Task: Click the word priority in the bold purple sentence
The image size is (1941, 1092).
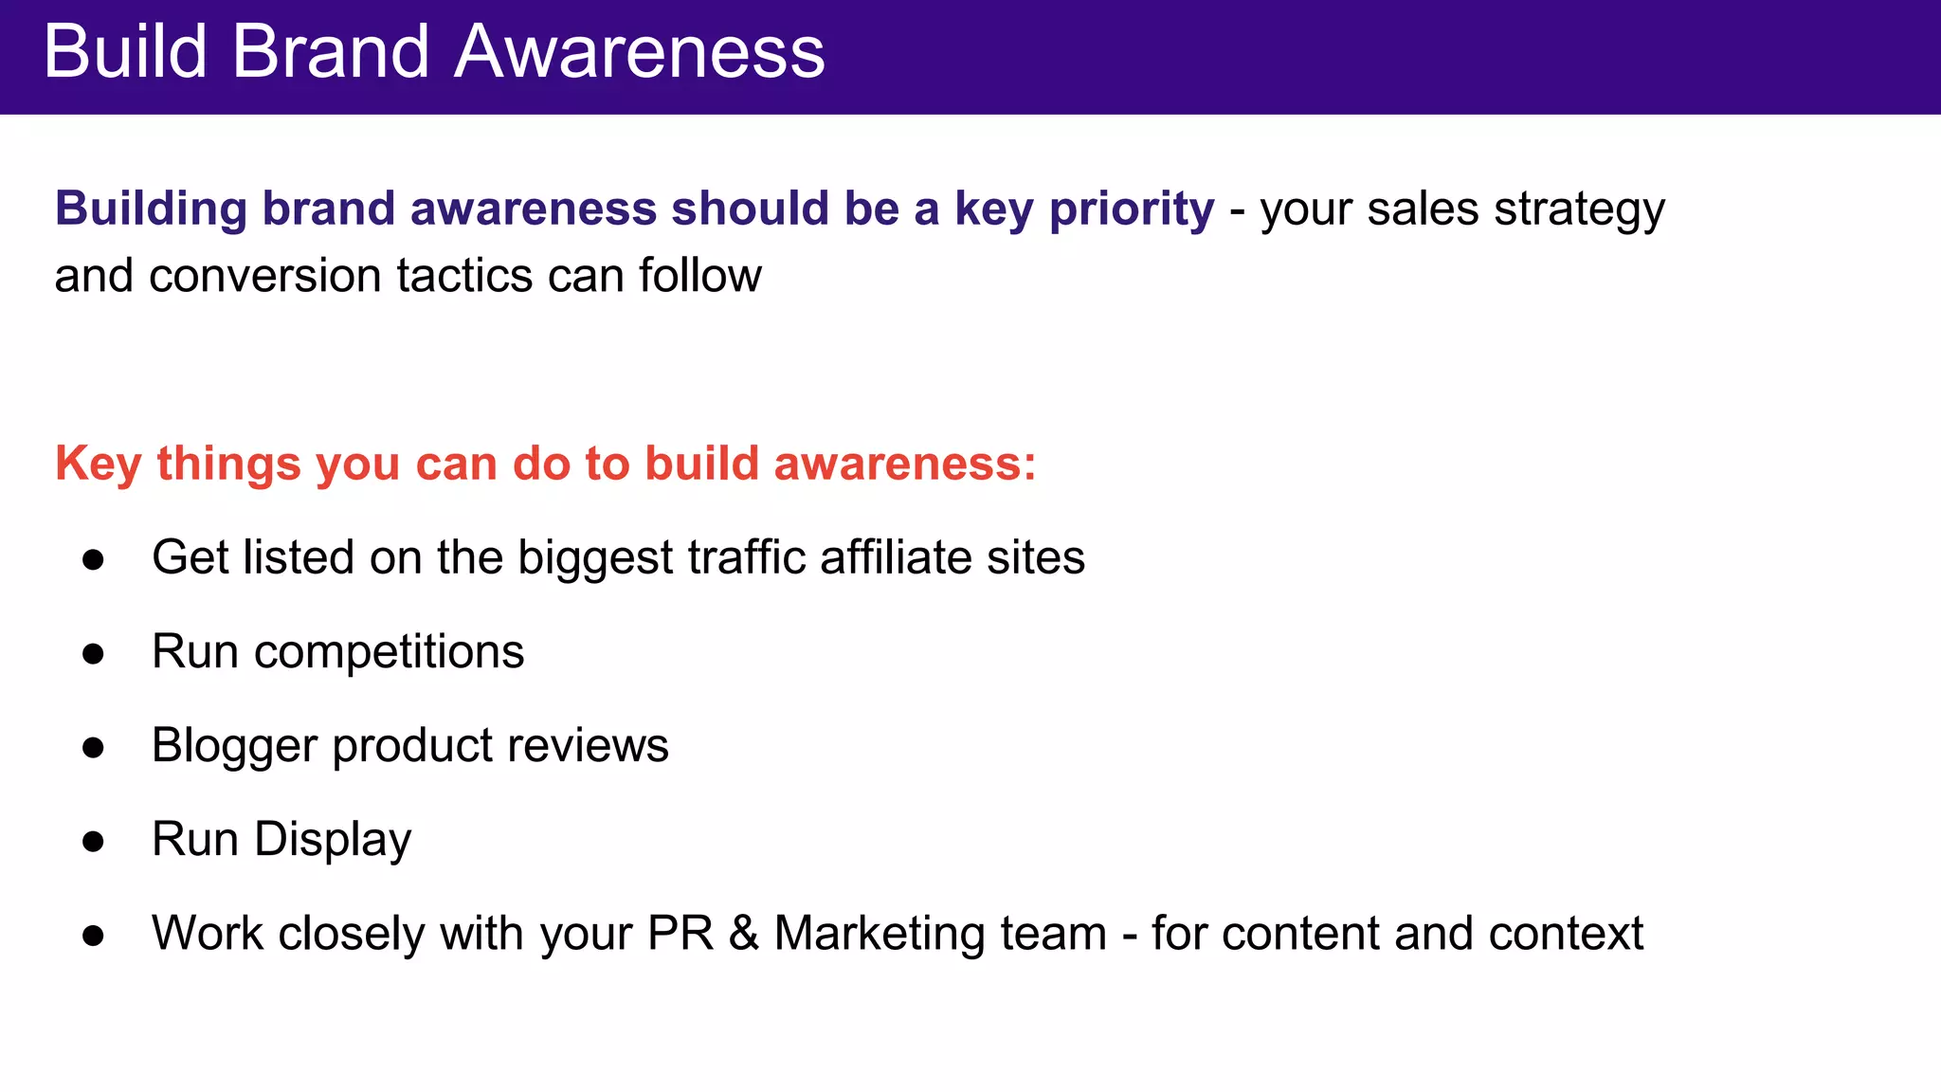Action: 1132,209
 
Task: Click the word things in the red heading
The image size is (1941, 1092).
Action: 228,464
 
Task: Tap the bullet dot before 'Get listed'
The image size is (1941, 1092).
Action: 93,559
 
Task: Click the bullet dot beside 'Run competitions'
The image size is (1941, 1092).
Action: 93,653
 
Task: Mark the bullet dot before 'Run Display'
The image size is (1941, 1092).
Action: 93,841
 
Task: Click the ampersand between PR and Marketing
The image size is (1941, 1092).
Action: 744,934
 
